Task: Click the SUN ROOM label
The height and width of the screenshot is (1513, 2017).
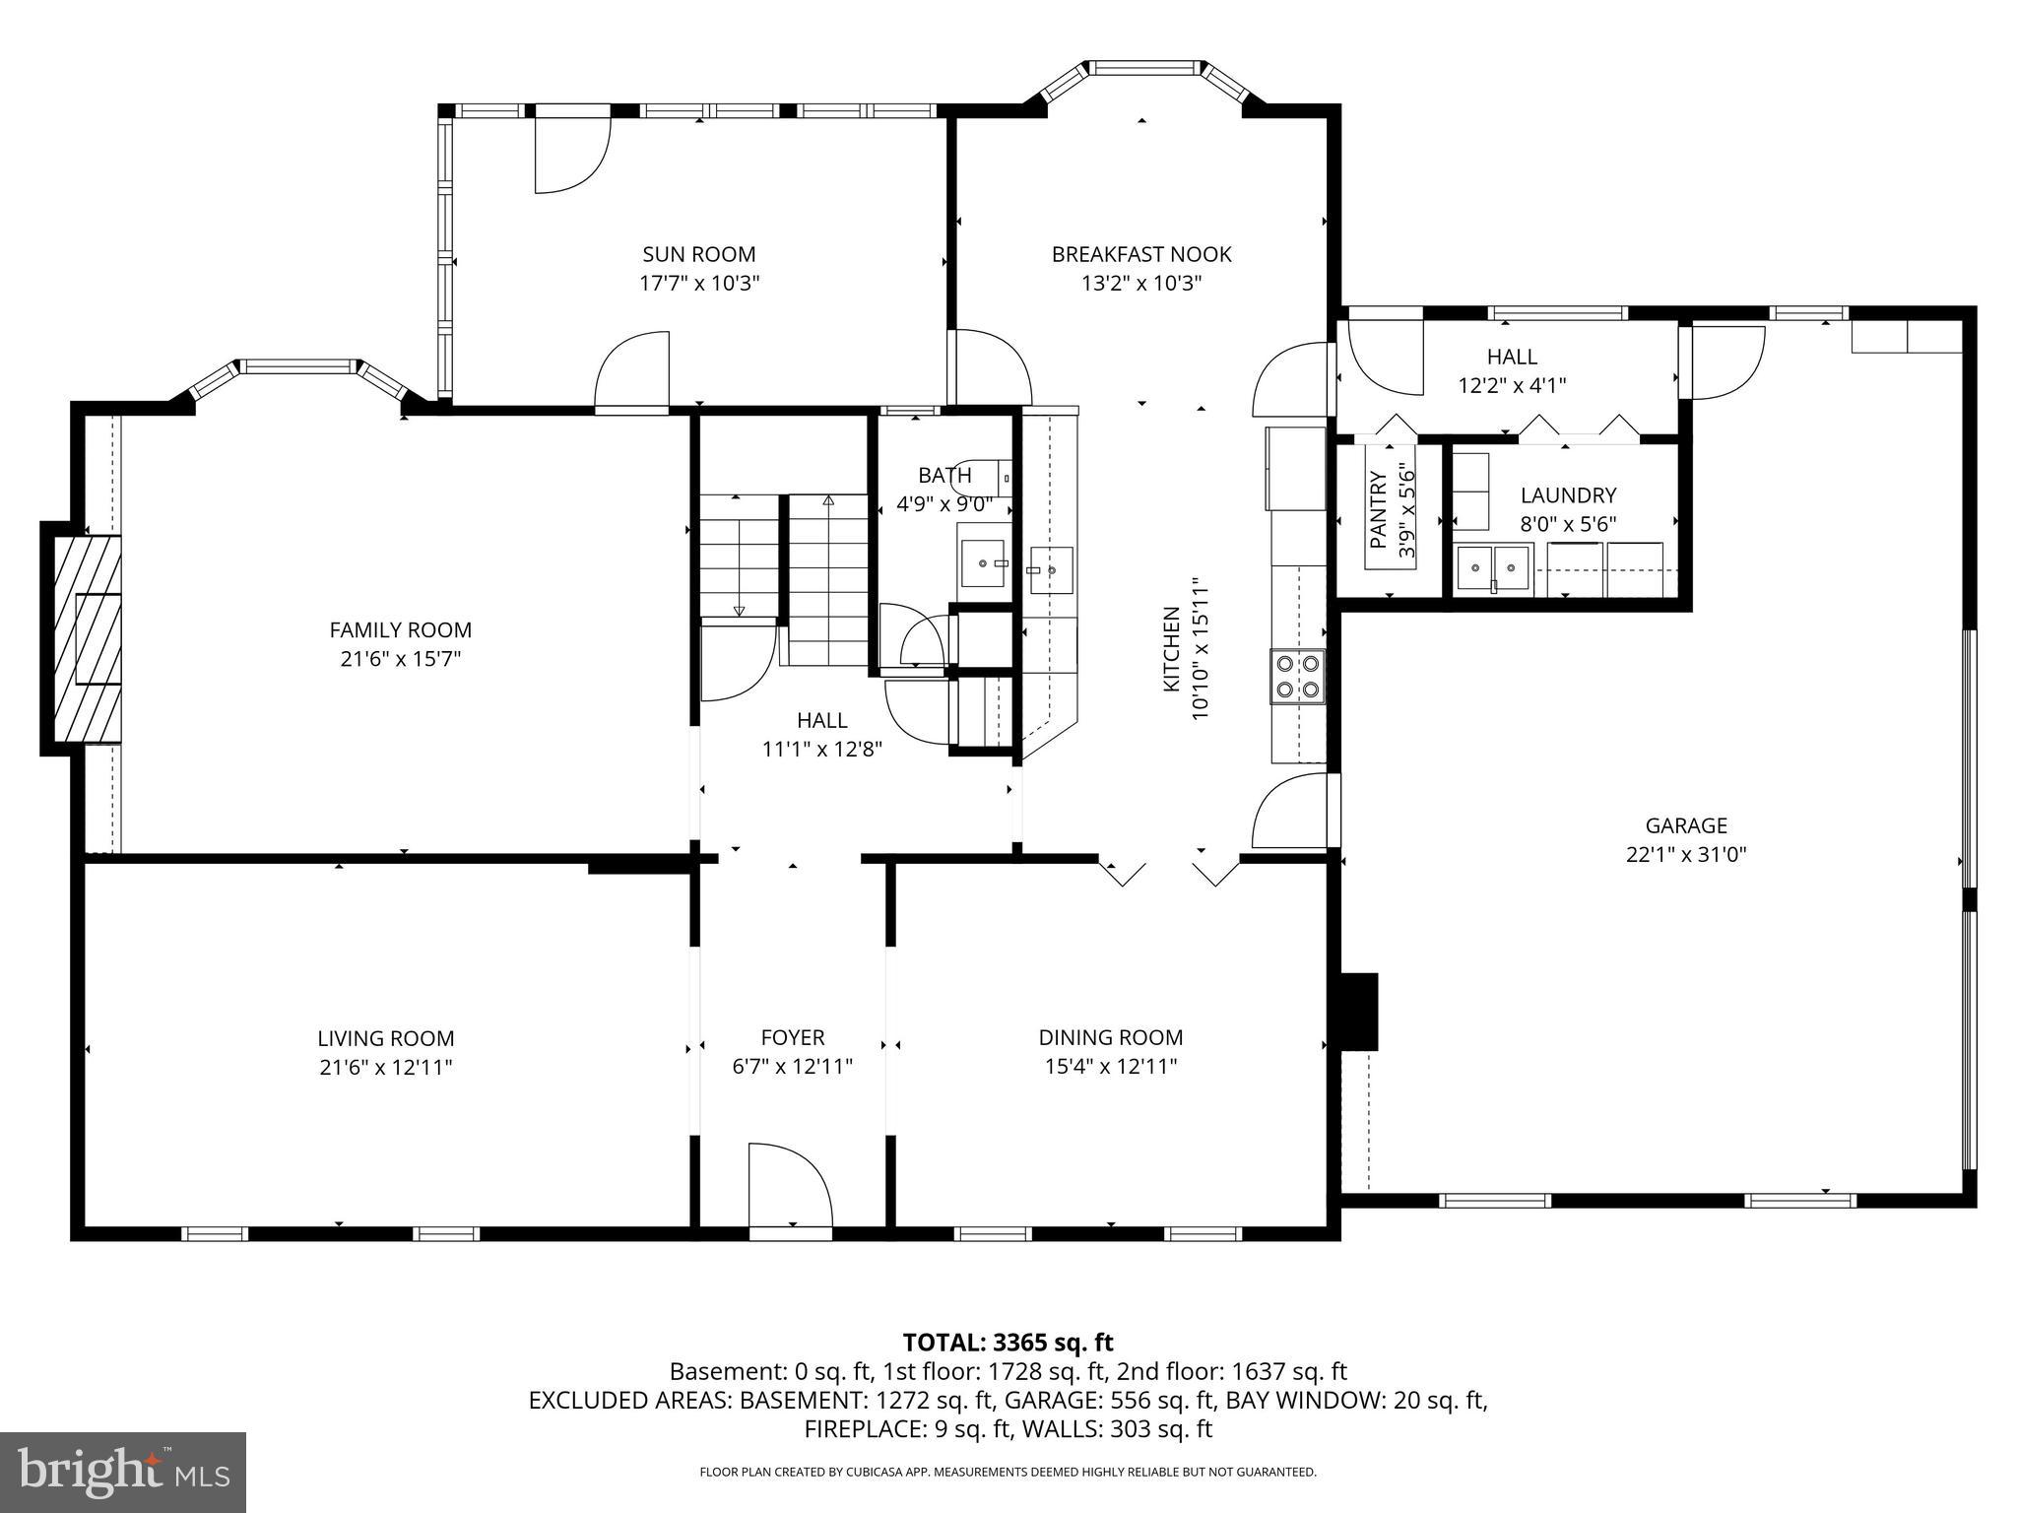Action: point(699,254)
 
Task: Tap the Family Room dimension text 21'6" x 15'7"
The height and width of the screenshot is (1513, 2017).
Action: point(401,658)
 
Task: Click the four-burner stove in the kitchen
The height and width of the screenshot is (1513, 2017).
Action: point(1297,676)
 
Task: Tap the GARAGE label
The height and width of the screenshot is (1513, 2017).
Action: point(1686,825)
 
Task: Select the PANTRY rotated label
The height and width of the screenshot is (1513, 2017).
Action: point(1378,509)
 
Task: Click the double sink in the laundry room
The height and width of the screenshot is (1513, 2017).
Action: point(1493,568)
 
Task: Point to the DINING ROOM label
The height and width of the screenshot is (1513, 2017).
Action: point(1110,1037)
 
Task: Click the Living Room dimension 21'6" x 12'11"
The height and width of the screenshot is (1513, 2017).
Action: point(385,1067)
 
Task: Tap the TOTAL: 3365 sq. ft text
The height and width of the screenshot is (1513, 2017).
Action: point(1008,1342)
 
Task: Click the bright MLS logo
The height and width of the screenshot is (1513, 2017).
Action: point(123,1472)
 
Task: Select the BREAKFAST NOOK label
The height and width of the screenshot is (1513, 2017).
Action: point(1141,254)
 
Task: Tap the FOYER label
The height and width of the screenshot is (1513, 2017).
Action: point(793,1037)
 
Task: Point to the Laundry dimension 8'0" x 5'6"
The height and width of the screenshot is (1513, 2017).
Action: point(1568,524)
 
